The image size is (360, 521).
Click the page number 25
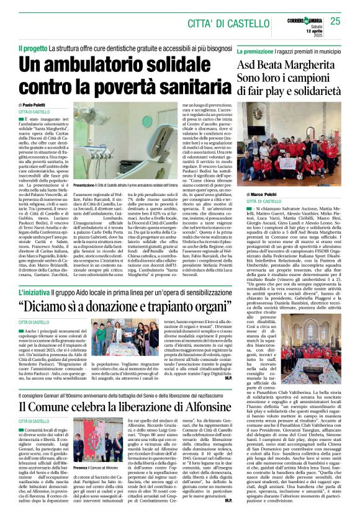click(x=335, y=22)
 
